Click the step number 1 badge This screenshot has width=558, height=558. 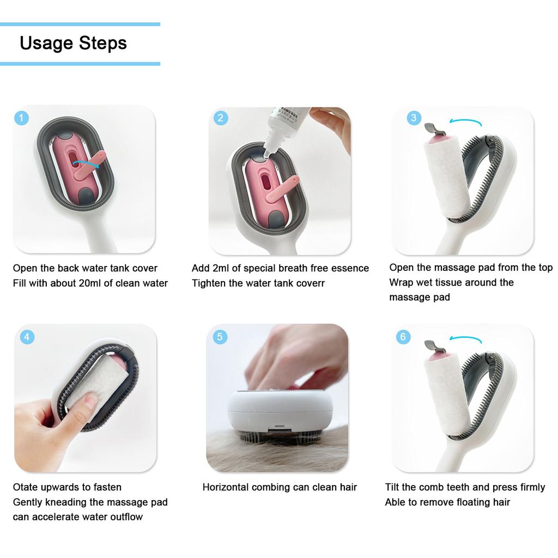click(x=21, y=118)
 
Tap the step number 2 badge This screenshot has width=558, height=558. click(x=220, y=118)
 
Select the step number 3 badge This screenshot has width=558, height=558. click(x=414, y=118)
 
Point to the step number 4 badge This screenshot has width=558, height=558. click(x=27, y=337)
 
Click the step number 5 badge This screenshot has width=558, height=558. click(x=220, y=337)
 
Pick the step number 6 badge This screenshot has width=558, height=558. click(x=403, y=337)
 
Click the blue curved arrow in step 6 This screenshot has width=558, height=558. click(x=468, y=339)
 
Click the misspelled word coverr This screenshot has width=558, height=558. click(x=311, y=283)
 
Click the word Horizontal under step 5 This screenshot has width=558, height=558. click(x=226, y=487)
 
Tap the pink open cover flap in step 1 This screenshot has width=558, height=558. click(x=90, y=166)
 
